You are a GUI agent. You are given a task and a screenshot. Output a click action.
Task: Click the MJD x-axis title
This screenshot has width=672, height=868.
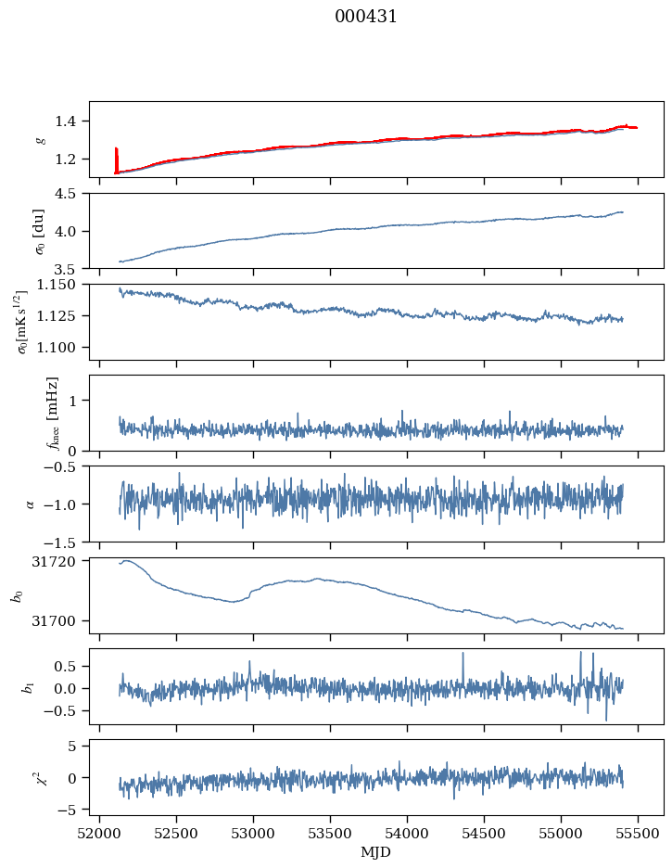(376, 852)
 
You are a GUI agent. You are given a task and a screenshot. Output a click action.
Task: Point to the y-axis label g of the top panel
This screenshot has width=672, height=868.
(40, 139)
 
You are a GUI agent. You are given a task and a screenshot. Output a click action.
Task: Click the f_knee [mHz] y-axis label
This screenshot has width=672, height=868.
(53, 413)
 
